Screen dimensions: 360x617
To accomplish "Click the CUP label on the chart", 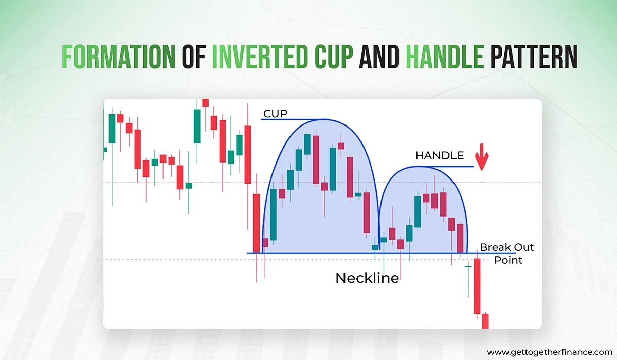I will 275,113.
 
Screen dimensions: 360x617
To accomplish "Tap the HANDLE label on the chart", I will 439,155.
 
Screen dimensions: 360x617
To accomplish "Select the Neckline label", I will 367,278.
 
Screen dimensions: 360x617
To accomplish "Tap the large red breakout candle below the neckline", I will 477,285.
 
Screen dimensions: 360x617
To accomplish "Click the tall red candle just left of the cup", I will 257,221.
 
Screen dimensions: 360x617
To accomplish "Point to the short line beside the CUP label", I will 288,119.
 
